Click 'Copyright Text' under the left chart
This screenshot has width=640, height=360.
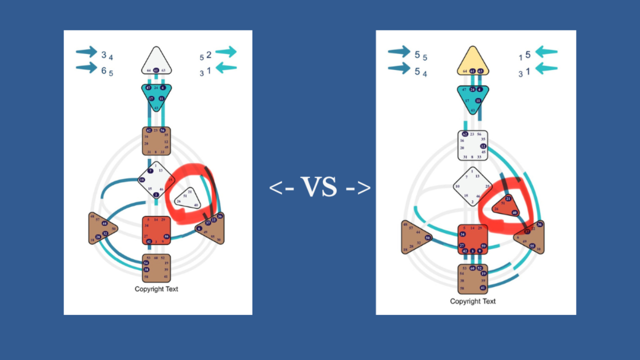tap(156, 289)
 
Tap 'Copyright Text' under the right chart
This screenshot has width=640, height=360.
tap(473, 301)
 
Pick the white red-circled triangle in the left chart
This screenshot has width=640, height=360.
tap(187, 198)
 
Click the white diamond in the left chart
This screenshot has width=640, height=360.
tap(156, 179)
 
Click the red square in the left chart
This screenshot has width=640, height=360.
tap(156, 230)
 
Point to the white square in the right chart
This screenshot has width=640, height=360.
tap(473, 145)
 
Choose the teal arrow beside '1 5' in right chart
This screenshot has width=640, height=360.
tap(546, 52)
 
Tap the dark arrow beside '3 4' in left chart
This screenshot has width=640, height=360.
tap(86, 51)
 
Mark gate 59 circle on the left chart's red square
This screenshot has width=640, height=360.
tap(166, 236)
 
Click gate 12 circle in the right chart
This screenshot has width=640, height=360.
tap(483, 146)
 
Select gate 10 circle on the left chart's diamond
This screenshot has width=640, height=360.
tap(142, 179)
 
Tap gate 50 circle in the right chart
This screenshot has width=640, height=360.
tap(428, 237)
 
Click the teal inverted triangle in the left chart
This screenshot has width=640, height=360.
tap(156, 95)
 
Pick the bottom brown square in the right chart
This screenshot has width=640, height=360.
tap(473, 278)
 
